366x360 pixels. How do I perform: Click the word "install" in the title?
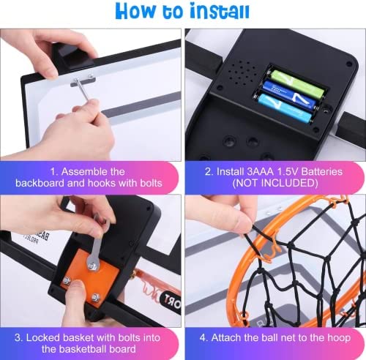[220, 11]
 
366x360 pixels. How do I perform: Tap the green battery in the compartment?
[297, 83]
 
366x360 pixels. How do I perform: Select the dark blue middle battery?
[289, 94]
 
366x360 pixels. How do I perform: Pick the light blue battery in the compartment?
[284, 107]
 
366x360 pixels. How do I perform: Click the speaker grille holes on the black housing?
[241, 72]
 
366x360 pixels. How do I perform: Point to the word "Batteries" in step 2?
[322, 171]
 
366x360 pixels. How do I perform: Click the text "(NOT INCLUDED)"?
[275, 183]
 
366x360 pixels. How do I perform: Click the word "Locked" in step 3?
[42, 337]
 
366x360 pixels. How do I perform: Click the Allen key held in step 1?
[83, 90]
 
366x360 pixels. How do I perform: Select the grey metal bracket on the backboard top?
[83, 80]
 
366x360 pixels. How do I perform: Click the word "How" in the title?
[135, 11]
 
